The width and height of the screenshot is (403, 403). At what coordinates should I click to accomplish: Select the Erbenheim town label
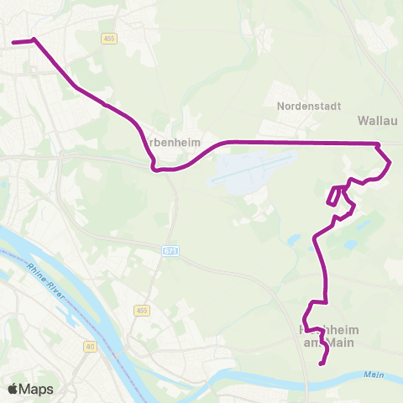pyautogui.click(x=174, y=142)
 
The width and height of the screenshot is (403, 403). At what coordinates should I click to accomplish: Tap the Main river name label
pyautogui.click(x=374, y=374)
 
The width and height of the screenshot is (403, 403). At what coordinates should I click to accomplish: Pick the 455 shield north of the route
pyautogui.click(x=110, y=38)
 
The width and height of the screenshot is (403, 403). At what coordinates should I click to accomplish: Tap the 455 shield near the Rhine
pyautogui.click(x=140, y=311)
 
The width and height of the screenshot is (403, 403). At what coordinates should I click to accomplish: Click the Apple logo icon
pyautogui.click(x=13, y=389)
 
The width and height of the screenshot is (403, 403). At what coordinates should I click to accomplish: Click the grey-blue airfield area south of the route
pyautogui.click(x=248, y=168)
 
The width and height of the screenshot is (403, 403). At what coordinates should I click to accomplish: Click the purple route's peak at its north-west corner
pyautogui.click(x=34, y=39)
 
